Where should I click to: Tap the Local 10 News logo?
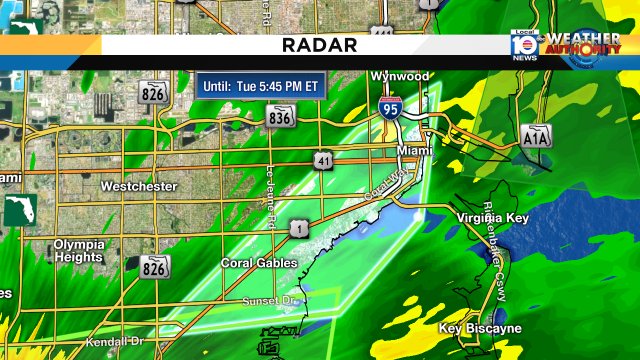tap(524, 47)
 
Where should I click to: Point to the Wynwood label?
tap(399, 76)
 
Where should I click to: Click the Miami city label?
tap(415, 150)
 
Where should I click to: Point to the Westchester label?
tap(139, 187)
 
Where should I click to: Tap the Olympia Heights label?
tap(79, 251)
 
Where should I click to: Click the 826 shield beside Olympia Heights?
tap(154, 267)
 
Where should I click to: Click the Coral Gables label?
tap(259, 264)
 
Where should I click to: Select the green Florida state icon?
tap(18, 210)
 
